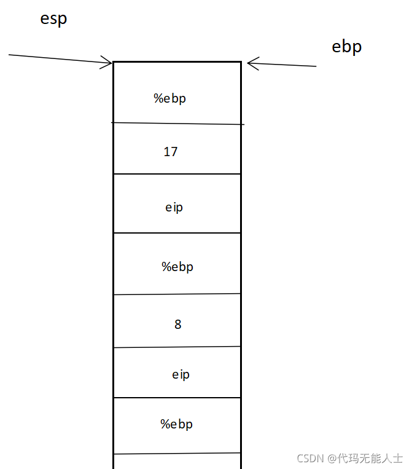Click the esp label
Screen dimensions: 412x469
[x=53, y=19]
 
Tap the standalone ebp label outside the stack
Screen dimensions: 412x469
[x=346, y=47]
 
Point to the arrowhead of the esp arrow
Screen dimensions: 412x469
[x=111, y=62]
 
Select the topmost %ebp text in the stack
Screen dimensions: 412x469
[x=169, y=98]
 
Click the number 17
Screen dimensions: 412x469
[x=171, y=151]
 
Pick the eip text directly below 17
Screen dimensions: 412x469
[x=174, y=207]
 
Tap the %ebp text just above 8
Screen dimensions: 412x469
[x=177, y=267]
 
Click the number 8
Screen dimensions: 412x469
[x=178, y=324]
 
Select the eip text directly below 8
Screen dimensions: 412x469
[x=181, y=374]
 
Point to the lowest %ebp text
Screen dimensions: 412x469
[x=177, y=424]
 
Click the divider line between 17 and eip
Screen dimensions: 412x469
[x=177, y=174]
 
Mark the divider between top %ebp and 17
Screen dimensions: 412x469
[x=177, y=124]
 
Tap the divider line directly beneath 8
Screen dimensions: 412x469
[x=177, y=347]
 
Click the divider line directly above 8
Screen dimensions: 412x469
[x=177, y=294]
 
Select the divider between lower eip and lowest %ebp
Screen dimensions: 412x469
[x=177, y=398]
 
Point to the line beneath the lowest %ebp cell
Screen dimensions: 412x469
[x=177, y=454]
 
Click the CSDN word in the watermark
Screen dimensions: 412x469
[x=310, y=458]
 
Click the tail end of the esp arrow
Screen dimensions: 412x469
[x=10, y=55]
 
